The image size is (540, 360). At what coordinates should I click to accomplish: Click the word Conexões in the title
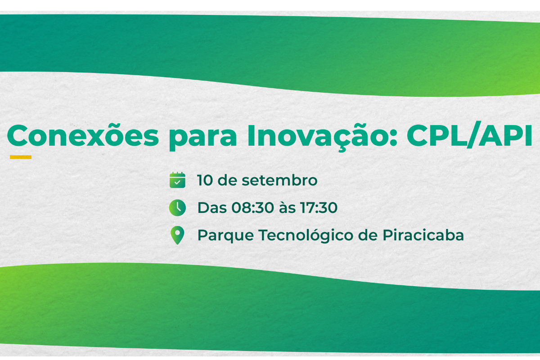pos(83,135)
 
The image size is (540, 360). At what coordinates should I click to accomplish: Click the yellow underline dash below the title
pos(21,157)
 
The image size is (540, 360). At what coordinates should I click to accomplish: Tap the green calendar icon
pos(177,180)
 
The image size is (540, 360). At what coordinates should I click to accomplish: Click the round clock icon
pos(177,207)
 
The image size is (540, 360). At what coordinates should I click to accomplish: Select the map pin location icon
pos(177,235)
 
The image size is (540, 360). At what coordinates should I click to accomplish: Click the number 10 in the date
pos(205,180)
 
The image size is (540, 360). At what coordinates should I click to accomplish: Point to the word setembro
pos(279,180)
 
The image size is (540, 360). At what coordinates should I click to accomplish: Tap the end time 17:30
pos(319,207)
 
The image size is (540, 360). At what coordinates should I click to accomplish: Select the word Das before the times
pos(212,207)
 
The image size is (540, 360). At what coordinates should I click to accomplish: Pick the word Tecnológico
pos(306,235)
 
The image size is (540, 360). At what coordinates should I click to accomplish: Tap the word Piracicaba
pos(423,235)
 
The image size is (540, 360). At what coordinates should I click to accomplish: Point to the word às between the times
pos(287,207)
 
